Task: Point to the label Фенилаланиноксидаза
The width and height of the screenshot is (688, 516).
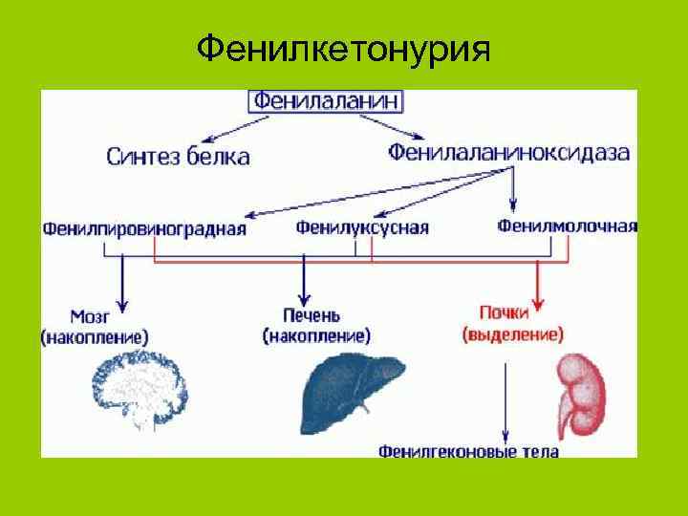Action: tap(509, 153)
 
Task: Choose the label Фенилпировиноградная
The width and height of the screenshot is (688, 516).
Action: tap(144, 228)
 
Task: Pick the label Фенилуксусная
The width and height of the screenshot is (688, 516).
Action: tap(361, 227)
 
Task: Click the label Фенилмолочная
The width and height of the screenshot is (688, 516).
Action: tap(567, 226)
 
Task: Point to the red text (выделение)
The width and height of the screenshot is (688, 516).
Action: tap(512, 334)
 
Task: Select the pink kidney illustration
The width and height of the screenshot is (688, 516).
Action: tap(582, 392)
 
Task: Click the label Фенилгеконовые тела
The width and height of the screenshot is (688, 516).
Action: tap(468, 450)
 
